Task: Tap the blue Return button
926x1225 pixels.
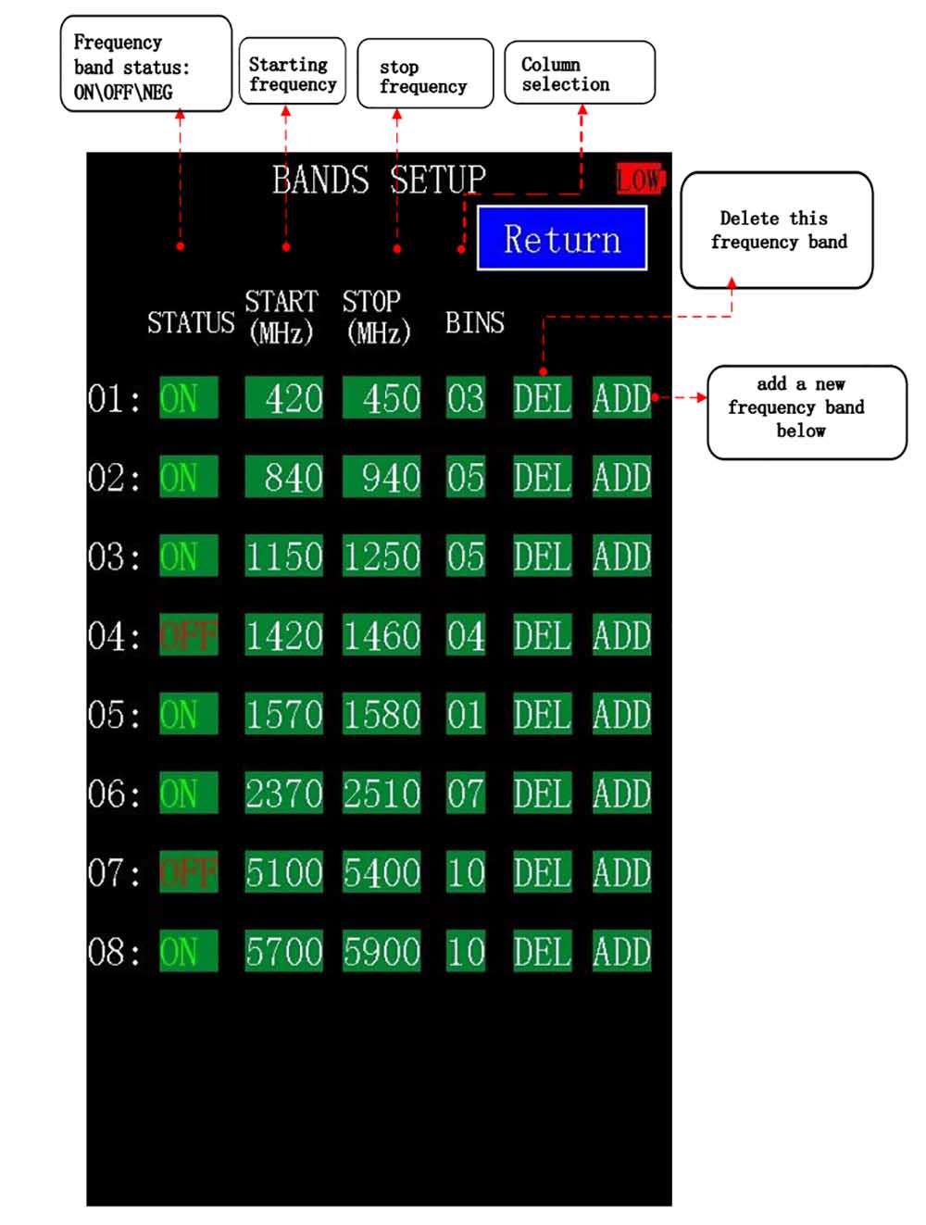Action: (561, 238)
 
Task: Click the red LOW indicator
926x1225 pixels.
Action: (640, 178)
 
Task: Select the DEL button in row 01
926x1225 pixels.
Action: (542, 398)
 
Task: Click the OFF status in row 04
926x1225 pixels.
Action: (189, 635)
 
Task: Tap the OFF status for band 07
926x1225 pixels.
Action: (189, 872)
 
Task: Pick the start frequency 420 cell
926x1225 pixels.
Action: (284, 398)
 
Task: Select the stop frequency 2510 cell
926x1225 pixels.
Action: (382, 794)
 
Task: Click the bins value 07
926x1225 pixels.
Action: (465, 794)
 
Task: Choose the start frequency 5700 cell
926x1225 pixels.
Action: (284, 951)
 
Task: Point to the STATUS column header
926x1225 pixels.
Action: (191, 322)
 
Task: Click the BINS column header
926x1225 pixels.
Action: (474, 322)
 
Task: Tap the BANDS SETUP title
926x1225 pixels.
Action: (379, 179)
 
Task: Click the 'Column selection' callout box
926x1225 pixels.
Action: (579, 73)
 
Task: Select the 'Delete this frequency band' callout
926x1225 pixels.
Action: (777, 230)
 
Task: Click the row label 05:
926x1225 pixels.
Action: (114, 715)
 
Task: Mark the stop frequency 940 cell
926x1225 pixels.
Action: (382, 477)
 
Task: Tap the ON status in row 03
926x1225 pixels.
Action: (189, 556)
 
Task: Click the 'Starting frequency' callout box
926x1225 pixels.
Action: (292, 72)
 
